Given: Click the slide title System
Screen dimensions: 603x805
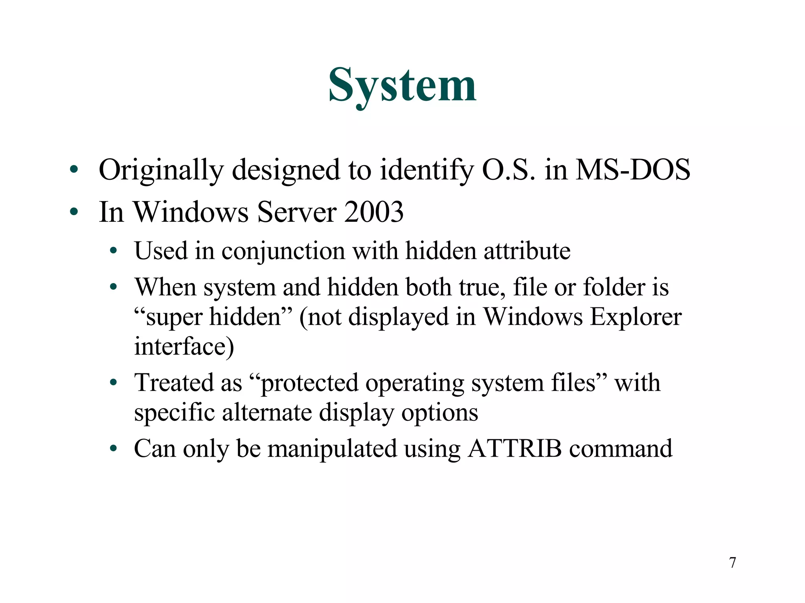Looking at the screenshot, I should [402, 86].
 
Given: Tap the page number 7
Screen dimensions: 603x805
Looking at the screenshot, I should [732, 563].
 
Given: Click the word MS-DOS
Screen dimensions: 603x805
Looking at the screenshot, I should [632, 170].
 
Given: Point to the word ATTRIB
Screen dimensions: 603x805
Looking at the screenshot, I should [515, 448].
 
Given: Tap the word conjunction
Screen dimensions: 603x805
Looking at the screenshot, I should [283, 251].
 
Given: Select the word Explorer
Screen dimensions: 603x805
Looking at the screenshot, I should [636, 317].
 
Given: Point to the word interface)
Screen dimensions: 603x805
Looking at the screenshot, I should [184, 347].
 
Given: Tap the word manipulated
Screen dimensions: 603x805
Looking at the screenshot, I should [332, 449].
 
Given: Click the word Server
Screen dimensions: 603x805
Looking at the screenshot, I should [296, 212].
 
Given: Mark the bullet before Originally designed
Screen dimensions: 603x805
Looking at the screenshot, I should [74, 170].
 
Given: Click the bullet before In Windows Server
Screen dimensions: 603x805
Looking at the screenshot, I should [74, 212].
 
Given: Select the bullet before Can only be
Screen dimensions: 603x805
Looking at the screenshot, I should [113, 448].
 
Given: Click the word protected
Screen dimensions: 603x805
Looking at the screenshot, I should [309, 383].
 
